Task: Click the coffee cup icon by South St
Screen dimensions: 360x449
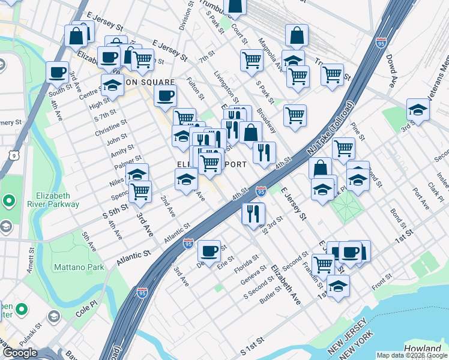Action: (57, 73)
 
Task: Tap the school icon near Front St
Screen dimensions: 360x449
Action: (338, 286)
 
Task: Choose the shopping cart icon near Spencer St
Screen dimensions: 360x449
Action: (140, 191)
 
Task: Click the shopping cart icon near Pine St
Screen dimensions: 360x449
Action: (343, 148)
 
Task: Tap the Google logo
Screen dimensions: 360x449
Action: (20, 353)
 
